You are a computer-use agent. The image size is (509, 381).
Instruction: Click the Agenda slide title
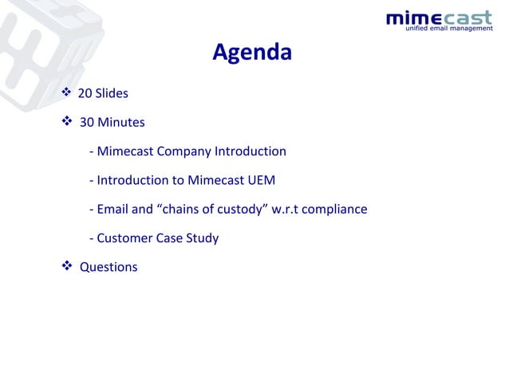(252, 53)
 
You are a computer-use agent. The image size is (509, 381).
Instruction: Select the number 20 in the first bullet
(85, 94)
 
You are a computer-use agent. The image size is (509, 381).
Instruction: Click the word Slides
(112, 94)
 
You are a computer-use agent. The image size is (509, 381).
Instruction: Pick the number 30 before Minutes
(87, 123)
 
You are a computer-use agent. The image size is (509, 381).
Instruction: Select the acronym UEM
(262, 180)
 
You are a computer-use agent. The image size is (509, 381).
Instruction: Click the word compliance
(337, 209)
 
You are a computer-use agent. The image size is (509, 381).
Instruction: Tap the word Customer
(124, 238)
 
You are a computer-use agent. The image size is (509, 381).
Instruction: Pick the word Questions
(109, 267)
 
